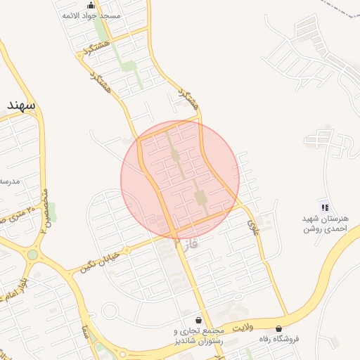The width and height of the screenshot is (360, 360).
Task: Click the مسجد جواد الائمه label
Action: [x=91, y=15]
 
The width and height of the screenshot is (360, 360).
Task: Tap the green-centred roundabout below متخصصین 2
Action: [x=32, y=255]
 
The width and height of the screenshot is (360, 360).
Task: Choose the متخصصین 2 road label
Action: [x=43, y=210]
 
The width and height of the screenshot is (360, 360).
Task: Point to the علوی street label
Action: [x=252, y=224]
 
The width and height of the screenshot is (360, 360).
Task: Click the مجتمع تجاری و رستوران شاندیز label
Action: [x=198, y=336]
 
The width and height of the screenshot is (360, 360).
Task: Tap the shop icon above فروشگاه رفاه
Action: [x=279, y=328]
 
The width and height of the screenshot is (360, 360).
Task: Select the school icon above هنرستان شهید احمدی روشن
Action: [x=325, y=207]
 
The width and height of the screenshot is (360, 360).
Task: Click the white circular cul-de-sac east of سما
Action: [x=110, y=310]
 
